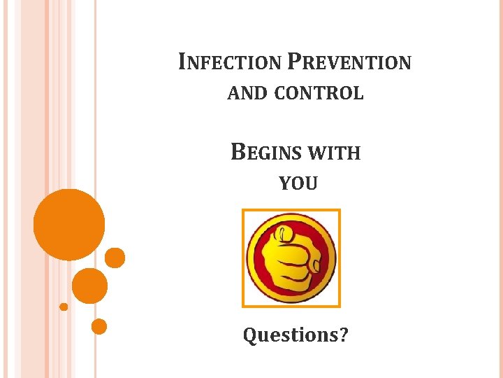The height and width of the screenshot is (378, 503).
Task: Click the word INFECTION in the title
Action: pyautogui.click(x=231, y=63)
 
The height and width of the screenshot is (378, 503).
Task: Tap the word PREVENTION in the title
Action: pyautogui.click(x=349, y=63)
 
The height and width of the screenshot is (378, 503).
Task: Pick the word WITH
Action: pyautogui.click(x=333, y=153)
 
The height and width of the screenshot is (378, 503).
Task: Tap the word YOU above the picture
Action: pyautogui.click(x=298, y=184)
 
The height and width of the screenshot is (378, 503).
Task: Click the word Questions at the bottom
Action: pyautogui.click(x=289, y=335)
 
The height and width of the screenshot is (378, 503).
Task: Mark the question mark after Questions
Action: pyautogui.click(x=344, y=335)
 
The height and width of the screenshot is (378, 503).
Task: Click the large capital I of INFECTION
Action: pyautogui.click(x=182, y=62)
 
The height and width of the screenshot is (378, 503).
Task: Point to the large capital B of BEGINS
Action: pyautogui.click(x=238, y=152)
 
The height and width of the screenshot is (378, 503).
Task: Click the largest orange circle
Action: pyautogui.click(x=69, y=225)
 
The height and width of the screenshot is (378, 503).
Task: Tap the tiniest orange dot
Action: pyautogui.click(x=64, y=307)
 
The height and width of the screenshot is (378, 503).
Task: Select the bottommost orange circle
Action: pyautogui.click(x=99, y=326)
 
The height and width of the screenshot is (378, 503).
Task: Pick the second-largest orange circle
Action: pyautogui.click(x=89, y=286)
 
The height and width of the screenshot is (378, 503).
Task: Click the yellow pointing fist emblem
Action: pyautogui.click(x=291, y=258)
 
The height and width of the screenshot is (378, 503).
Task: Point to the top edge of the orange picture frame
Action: pyautogui.click(x=291, y=210)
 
